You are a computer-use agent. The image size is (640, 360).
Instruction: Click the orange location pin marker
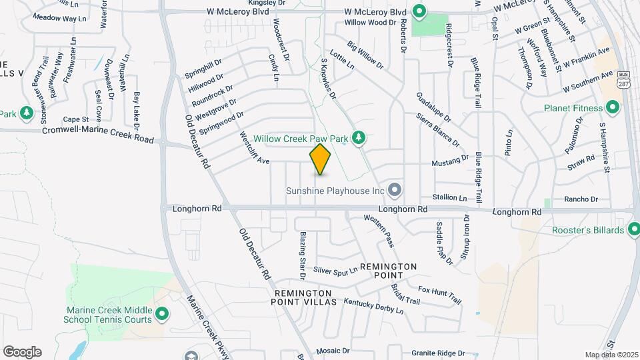click(320, 159)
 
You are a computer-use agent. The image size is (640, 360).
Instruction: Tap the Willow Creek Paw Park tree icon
click(359, 138)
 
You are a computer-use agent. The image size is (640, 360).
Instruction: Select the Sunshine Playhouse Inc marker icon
click(395, 191)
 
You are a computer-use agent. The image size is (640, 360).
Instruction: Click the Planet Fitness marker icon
click(612, 108)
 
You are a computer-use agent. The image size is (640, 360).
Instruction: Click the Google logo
click(22, 352)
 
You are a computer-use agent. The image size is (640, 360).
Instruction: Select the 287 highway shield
click(623, 81)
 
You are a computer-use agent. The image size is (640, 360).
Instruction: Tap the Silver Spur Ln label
click(335, 270)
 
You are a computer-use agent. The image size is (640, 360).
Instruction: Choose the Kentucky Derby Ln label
click(373, 306)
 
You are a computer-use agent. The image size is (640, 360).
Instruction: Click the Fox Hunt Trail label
click(439, 295)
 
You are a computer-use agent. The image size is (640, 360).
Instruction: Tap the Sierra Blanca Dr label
click(437, 129)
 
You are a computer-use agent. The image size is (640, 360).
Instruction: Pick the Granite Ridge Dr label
click(437, 353)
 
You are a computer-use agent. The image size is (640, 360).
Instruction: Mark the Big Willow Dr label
click(365, 56)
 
